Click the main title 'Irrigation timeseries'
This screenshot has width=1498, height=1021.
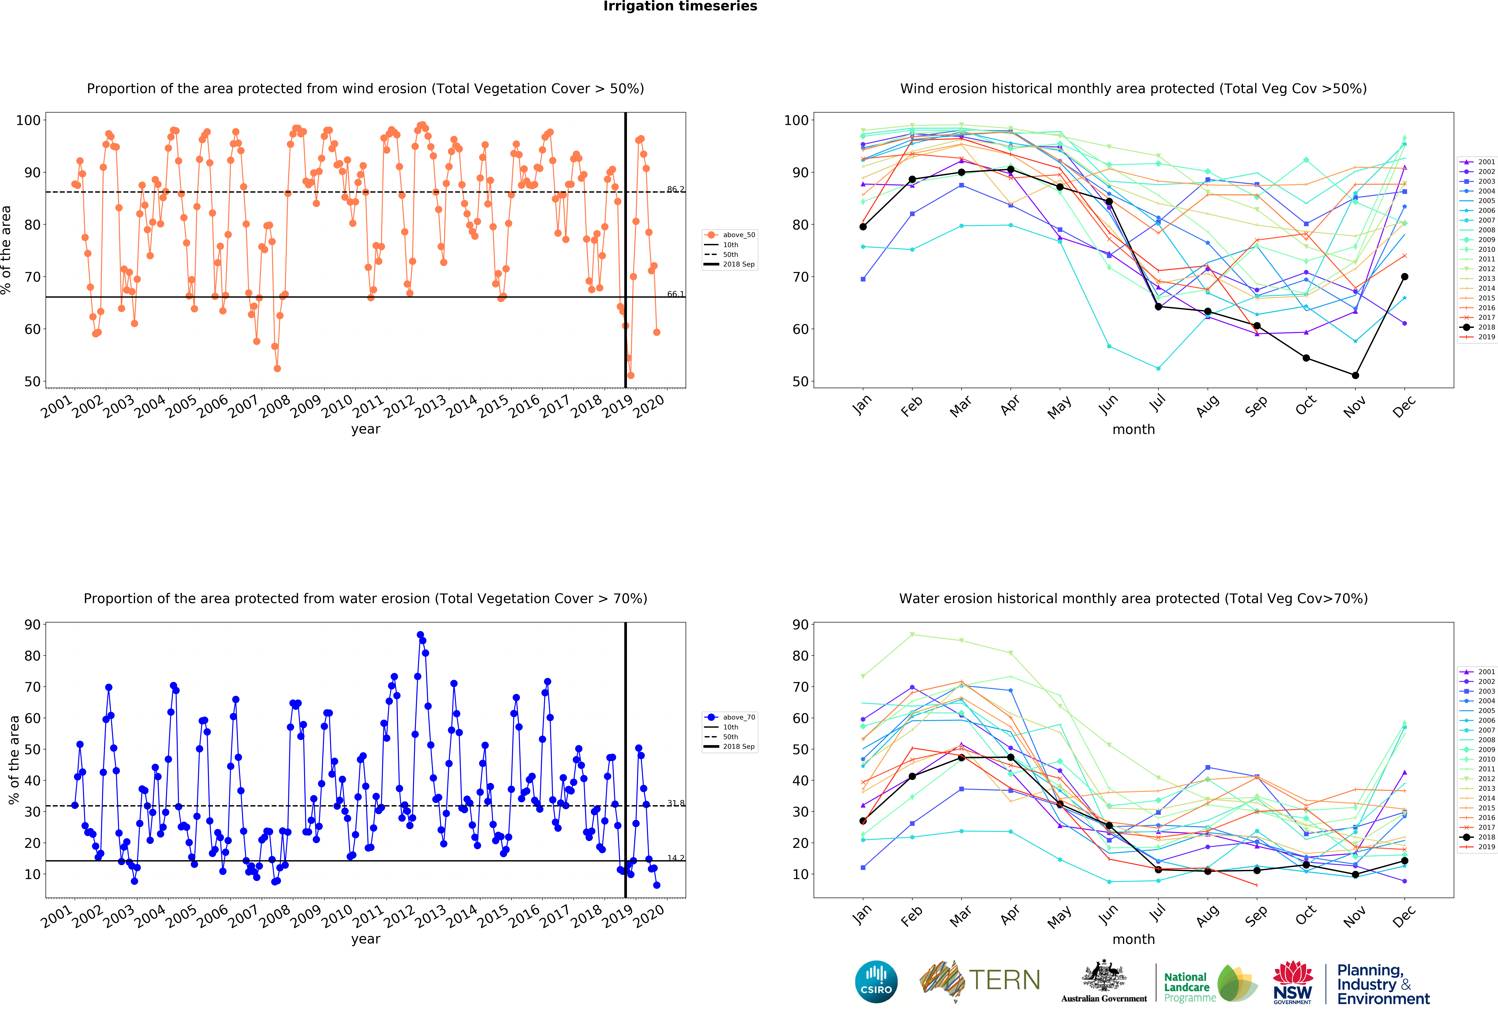pos(680,6)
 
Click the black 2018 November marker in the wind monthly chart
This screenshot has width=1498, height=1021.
pos(1356,375)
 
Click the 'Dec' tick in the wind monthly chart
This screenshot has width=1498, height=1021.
pos(1404,406)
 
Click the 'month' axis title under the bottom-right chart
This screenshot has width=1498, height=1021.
pos(1133,939)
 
